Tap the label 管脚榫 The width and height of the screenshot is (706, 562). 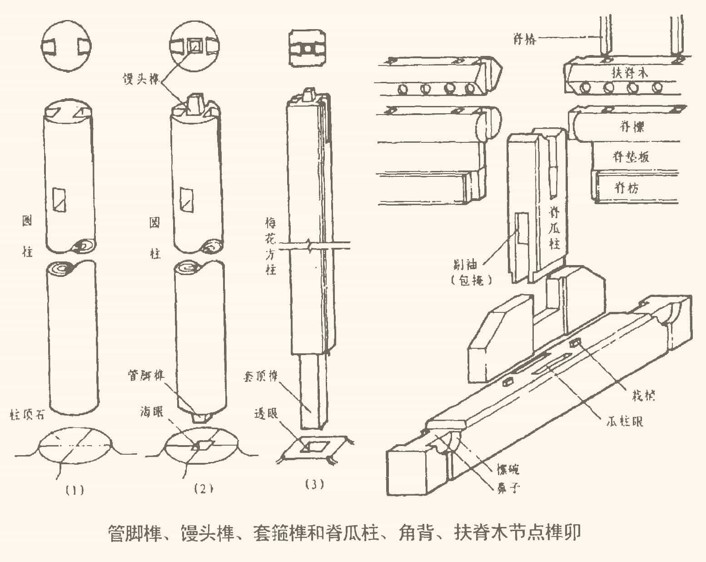coord(146,376)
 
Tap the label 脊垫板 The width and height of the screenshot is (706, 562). coord(631,156)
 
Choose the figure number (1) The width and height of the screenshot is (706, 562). coord(74,490)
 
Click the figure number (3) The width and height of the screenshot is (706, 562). coord(313,485)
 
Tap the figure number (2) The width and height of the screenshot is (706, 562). coord(203,489)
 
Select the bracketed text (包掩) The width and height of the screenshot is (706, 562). coord(472,281)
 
